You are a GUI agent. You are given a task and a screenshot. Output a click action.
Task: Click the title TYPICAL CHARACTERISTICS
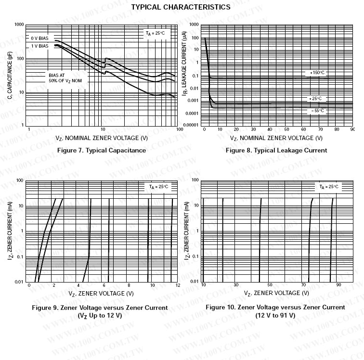(x=181, y=7)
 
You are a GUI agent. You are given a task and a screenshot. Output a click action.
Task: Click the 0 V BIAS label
(x=40, y=38)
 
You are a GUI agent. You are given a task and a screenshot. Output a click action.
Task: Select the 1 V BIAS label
(x=40, y=46)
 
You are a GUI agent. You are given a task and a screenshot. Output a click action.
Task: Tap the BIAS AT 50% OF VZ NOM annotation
(x=68, y=78)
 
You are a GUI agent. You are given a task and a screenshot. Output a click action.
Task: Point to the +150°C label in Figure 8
(x=317, y=73)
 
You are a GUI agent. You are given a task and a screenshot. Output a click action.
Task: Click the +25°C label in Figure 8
(x=316, y=99)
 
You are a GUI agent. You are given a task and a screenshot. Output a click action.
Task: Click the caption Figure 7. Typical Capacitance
(x=102, y=150)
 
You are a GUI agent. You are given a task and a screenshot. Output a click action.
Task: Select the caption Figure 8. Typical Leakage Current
(x=276, y=150)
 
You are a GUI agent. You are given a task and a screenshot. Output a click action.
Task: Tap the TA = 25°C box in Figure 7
(x=156, y=33)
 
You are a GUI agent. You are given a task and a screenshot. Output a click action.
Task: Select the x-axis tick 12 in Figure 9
(x=178, y=285)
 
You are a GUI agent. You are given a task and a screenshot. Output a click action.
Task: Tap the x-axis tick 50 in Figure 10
(x=270, y=285)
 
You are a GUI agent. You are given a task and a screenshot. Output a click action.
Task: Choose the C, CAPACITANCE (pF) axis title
(x=9, y=75)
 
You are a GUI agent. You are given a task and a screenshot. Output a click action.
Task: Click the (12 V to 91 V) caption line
(x=275, y=315)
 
